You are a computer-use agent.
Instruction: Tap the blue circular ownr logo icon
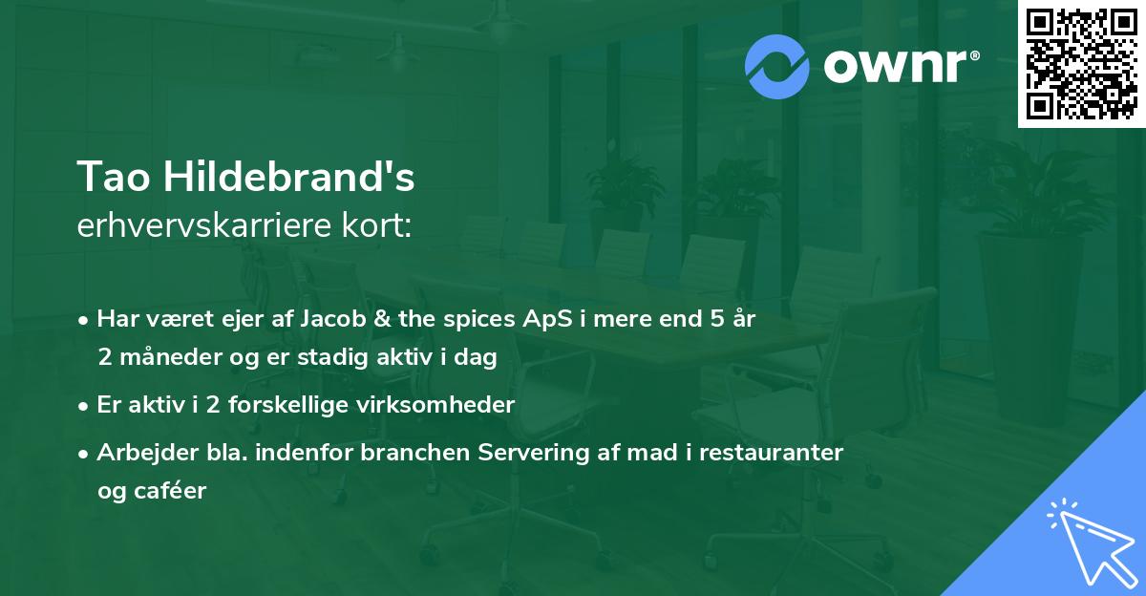pyautogui.click(x=777, y=67)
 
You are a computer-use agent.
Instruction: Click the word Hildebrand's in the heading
pyautogui.click(x=289, y=178)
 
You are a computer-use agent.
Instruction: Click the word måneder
pyautogui.click(x=164, y=357)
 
